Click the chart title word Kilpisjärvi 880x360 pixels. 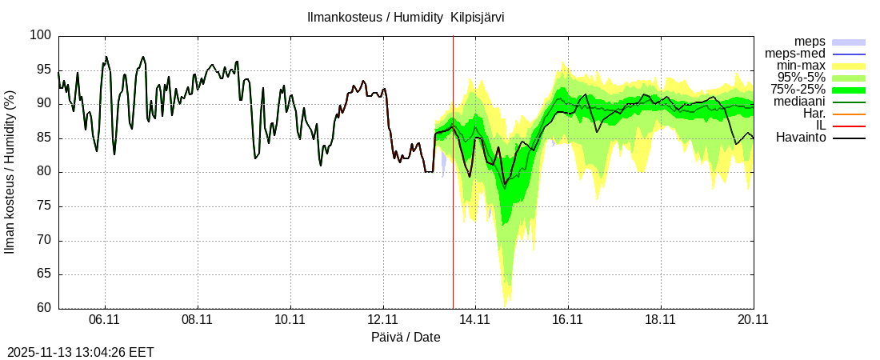[477, 17]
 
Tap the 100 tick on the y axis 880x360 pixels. [41, 35]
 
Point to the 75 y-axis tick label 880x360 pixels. [44, 206]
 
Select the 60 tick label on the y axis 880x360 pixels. [44, 308]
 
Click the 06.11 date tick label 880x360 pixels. [105, 319]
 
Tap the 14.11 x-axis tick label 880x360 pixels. [475, 319]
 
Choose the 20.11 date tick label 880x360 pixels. [753, 319]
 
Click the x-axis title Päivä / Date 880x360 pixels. [406, 337]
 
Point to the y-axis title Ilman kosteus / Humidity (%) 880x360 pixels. [10, 172]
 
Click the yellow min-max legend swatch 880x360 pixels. [849, 66]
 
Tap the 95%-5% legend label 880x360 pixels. [798, 78]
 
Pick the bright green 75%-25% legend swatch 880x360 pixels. [849, 90]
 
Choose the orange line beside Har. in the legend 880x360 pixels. [849, 114]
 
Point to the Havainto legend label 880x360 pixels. [801, 138]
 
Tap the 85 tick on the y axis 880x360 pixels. [44, 138]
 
